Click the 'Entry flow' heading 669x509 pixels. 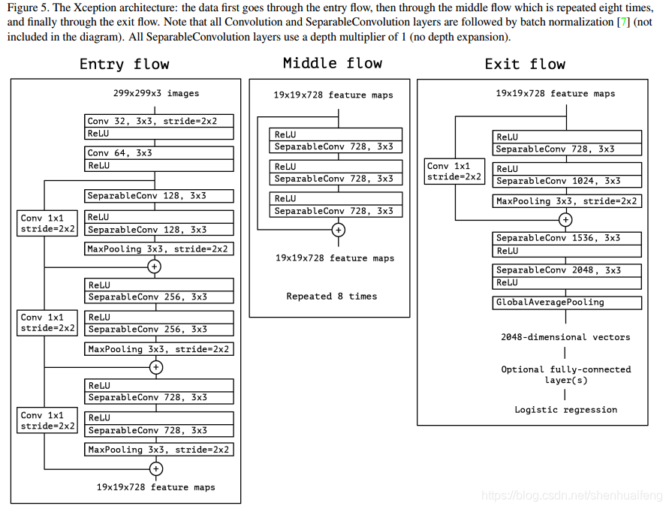pyautogui.click(x=125, y=64)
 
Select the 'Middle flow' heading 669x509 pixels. pyautogui.click(x=333, y=63)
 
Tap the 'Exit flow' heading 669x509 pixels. pyautogui.click(x=525, y=64)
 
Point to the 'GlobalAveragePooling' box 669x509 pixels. pyautogui.click(x=567, y=303)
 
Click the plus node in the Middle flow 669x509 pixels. pyautogui.click(x=339, y=230)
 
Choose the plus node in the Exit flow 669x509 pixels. pyautogui.click(x=565, y=220)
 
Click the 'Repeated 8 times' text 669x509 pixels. pyautogui.click(x=332, y=297)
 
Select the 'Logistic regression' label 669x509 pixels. pyautogui.click(x=566, y=410)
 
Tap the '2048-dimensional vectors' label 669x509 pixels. pyautogui.click(x=566, y=337)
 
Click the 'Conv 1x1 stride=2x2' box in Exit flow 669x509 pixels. pyautogui.click(x=454, y=172)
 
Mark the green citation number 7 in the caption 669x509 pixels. pyautogui.click(x=622, y=23)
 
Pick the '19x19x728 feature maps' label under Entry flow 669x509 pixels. pyautogui.click(x=156, y=487)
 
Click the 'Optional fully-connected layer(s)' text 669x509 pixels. pyautogui.click(x=566, y=375)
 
